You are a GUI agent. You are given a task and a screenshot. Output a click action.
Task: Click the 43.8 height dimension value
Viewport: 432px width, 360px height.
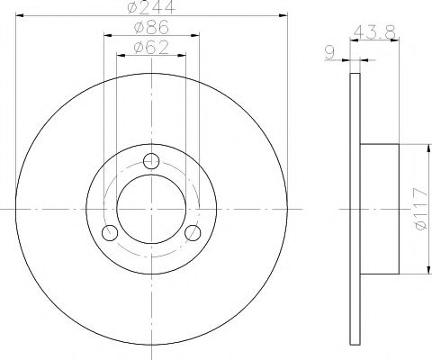pos(379,31)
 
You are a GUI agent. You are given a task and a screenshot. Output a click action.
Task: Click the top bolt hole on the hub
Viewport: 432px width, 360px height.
pos(151,162)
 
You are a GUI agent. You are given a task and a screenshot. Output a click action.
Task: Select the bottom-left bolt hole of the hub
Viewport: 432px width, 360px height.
pos(111,233)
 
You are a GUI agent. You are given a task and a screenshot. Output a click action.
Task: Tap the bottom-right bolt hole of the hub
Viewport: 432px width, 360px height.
pos(193,233)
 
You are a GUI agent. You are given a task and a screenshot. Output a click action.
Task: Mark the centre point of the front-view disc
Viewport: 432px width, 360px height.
pos(151,209)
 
